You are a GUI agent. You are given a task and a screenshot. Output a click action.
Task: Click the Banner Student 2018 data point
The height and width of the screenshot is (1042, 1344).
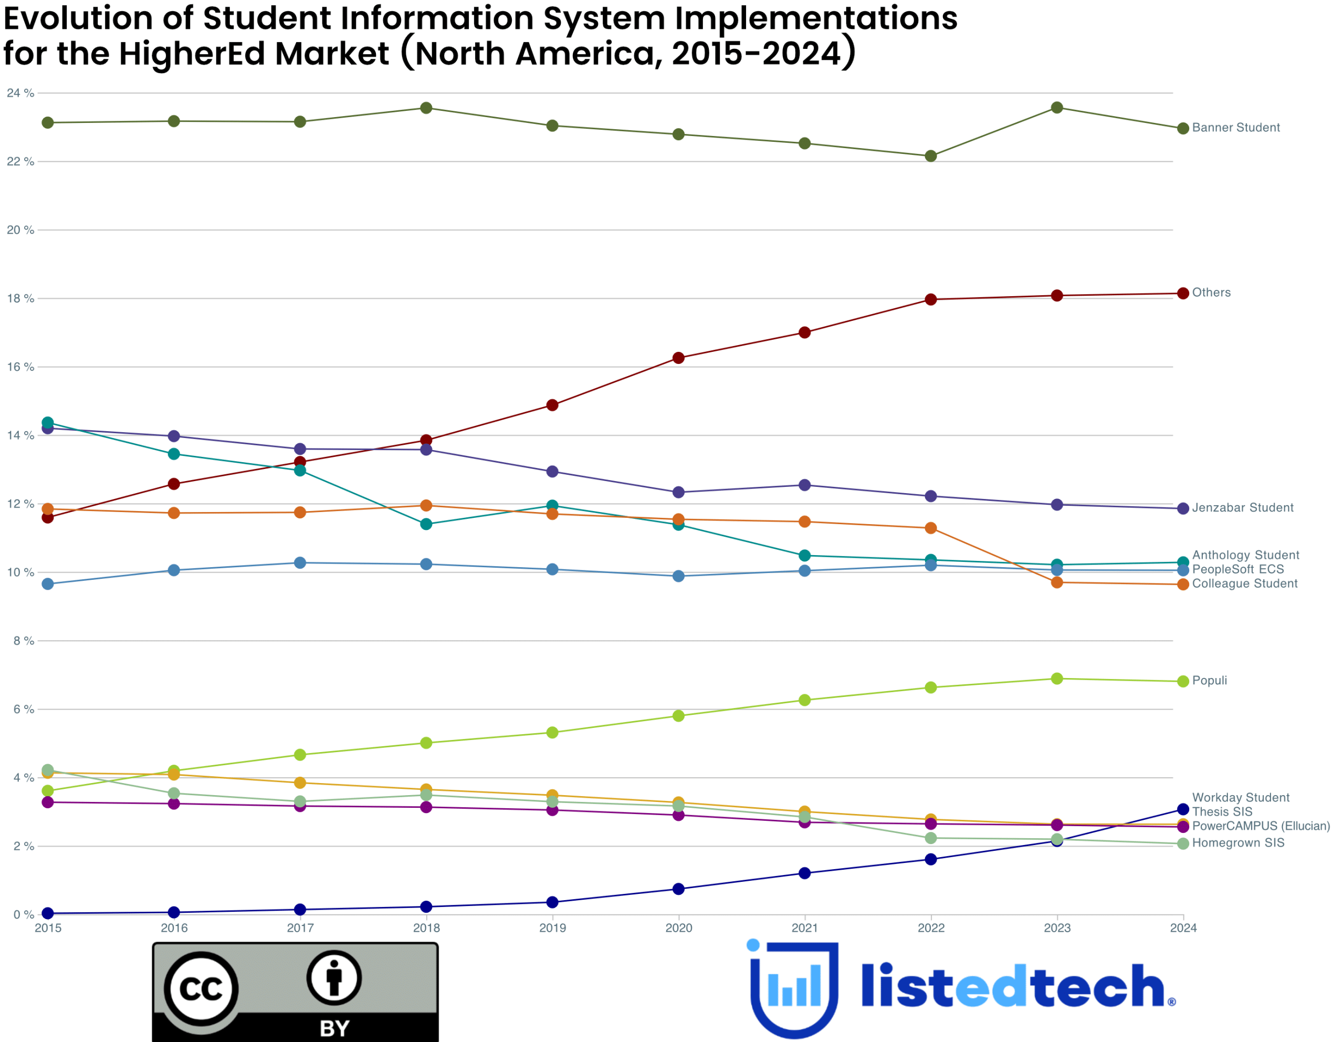(x=426, y=108)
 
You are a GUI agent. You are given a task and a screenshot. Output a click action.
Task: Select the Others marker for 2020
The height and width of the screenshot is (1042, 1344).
(x=678, y=358)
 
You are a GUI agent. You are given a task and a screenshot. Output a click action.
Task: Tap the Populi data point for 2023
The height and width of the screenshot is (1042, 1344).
(x=1057, y=679)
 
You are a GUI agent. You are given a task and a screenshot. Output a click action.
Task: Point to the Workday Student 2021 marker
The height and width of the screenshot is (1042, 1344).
(x=804, y=873)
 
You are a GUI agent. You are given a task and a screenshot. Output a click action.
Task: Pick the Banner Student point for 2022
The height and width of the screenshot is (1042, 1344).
(x=930, y=157)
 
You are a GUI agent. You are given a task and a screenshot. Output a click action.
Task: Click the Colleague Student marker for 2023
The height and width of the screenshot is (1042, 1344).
(x=1057, y=582)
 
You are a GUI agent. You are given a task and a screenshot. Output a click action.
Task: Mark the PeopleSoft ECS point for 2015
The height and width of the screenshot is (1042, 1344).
(x=48, y=584)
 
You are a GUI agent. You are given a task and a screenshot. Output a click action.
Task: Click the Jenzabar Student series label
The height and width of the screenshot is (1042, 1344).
(x=1243, y=508)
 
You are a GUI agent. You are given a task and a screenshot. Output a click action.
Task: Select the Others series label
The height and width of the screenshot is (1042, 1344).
(x=1211, y=293)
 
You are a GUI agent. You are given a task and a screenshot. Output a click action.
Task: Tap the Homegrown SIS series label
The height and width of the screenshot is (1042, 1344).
(x=1238, y=843)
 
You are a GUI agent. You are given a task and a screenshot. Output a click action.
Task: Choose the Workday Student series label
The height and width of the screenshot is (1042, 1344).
(x=1240, y=798)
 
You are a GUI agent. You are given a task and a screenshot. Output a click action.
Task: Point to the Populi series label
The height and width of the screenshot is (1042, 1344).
(x=1209, y=681)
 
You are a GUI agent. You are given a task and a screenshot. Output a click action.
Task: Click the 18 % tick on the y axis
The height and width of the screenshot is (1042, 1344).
(x=20, y=298)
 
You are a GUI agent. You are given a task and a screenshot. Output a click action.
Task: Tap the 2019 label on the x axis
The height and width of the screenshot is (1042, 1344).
(x=552, y=928)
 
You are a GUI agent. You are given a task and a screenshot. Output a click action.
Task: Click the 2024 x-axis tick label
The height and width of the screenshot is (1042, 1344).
(x=1183, y=928)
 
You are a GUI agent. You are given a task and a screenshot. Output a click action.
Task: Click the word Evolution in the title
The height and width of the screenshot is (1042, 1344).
(x=78, y=18)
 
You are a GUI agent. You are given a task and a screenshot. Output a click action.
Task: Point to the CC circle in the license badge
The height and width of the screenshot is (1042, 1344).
(x=201, y=989)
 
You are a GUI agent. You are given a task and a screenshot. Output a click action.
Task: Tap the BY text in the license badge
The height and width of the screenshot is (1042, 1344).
(x=334, y=1028)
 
